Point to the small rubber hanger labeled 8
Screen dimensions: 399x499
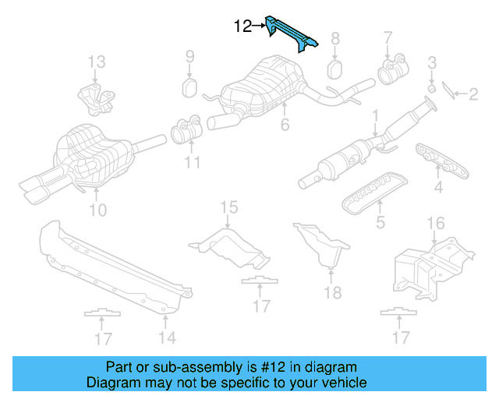334,68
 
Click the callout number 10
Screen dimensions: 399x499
97,209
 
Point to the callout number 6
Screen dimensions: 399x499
285,125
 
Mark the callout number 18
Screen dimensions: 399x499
333,292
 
